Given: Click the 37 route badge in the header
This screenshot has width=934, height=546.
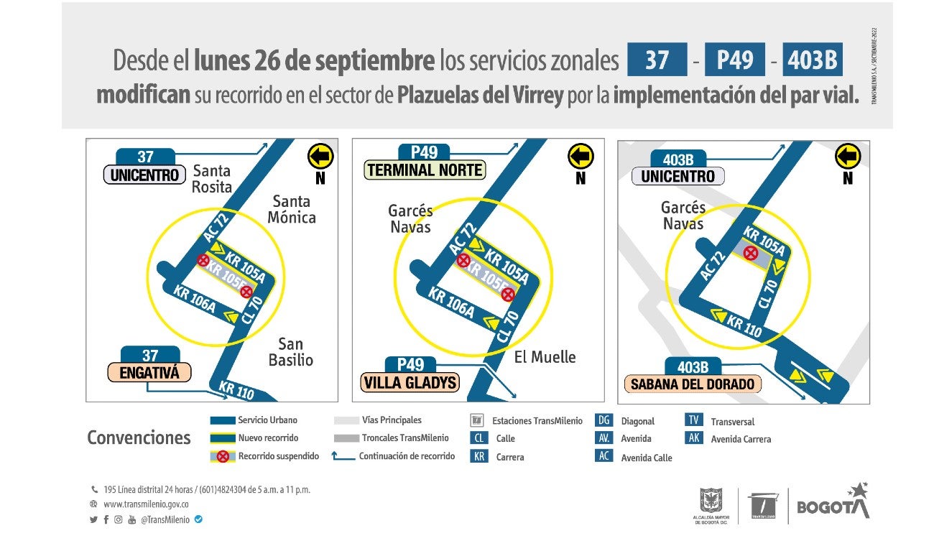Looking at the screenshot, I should (657, 60).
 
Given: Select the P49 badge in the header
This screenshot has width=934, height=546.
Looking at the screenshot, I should (734, 60).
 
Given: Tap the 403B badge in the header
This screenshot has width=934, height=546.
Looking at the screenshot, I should (812, 60).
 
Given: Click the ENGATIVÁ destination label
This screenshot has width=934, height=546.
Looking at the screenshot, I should (149, 373).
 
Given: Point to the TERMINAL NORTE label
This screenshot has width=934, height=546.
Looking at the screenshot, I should (425, 170).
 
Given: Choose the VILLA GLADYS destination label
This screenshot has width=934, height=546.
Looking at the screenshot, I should (410, 382).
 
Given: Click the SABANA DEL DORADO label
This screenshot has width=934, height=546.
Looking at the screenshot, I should (693, 384).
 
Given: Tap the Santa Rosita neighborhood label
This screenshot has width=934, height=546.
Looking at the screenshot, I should (212, 179).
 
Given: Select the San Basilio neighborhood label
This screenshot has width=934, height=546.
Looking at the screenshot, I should (291, 352).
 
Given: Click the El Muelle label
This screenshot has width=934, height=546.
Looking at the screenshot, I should (545, 357).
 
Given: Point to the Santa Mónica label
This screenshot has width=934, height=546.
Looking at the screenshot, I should (291, 209).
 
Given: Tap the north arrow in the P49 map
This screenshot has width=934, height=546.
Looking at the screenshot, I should (581, 156).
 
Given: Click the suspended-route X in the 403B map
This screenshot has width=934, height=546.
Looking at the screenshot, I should (752, 253).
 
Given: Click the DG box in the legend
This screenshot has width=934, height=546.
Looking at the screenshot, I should (604, 420).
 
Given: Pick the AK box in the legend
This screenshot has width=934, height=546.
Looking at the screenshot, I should (693, 438).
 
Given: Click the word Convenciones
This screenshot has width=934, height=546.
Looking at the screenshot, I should (139, 438).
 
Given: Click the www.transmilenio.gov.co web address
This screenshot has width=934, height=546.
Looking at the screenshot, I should (146, 504).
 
